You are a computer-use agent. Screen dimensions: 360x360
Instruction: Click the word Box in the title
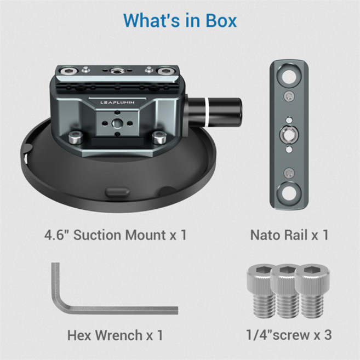[221, 20]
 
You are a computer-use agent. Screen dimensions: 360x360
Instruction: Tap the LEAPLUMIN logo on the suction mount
[117, 102]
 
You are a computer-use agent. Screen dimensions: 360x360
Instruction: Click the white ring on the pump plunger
[207, 112]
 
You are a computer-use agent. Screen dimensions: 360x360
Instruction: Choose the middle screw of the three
[285, 292]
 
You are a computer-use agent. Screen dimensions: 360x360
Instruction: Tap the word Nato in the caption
[265, 235]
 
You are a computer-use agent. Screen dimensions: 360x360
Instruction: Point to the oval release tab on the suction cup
[117, 192]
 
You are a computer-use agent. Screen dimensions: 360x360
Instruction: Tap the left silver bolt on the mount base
[76, 138]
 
